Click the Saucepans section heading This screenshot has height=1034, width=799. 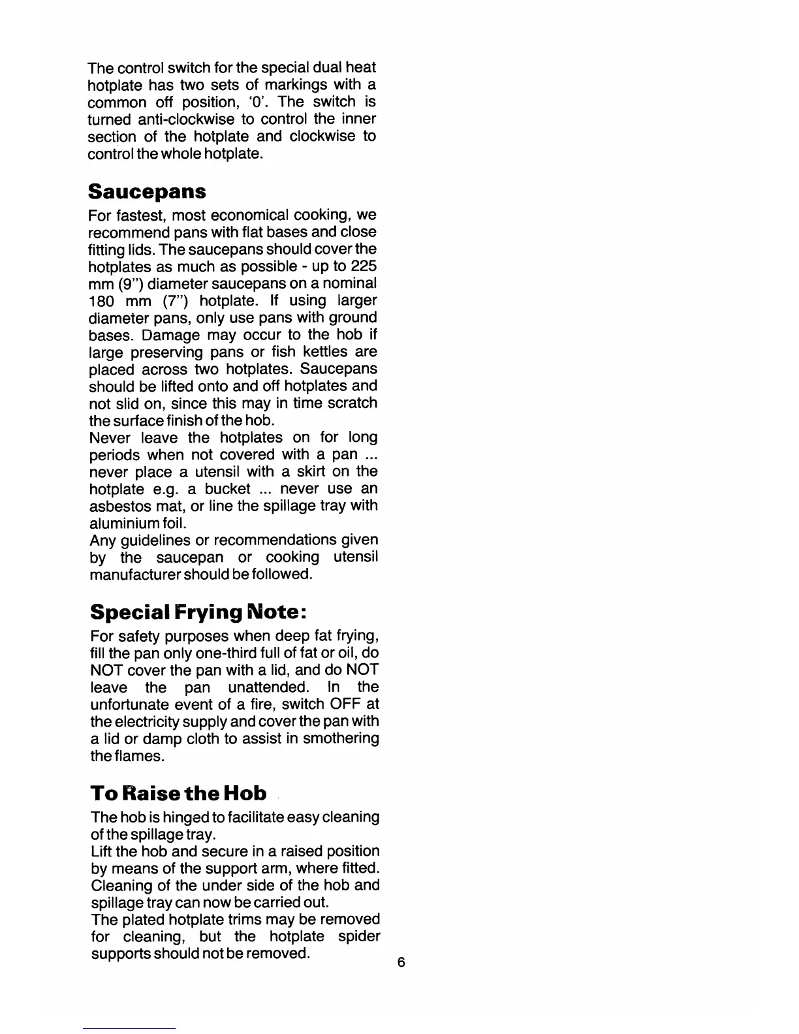pyautogui.click(x=147, y=192)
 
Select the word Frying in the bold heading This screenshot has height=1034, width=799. pyautogui.click(x=207, y=612)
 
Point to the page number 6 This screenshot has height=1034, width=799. pyautogui.click(x=401, y=962)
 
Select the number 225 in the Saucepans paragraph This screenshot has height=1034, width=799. pyautogui.click(x=364, y=266)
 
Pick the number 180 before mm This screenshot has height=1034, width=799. pyautogui.click(x=102, y=301)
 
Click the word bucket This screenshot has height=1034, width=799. pyautogui.click(x=228, y=489)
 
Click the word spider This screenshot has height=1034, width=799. pyautogui.click(x=359, y=937)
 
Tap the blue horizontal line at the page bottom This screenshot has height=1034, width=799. pyautogui.click(x=129, y=1028)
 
